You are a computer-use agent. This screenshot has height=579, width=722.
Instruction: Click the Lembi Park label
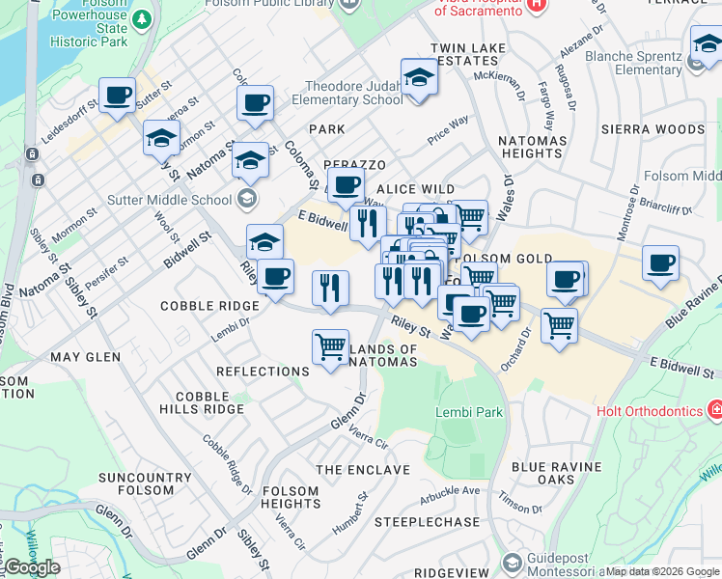pos(469,412)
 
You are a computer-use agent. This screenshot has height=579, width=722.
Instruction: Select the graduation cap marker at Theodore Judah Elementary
pos(419,77)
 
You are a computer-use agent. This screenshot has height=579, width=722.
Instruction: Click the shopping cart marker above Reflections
pos(330,346)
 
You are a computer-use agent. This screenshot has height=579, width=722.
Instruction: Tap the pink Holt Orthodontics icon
pos(714,411)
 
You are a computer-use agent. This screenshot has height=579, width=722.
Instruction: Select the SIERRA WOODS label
pos(639,129)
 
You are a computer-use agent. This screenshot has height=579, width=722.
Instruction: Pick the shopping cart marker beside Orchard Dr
pos(559,326)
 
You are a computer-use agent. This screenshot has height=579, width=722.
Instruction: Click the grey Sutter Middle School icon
pos(247,199)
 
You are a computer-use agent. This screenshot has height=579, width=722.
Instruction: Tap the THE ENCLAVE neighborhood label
pos(363,470)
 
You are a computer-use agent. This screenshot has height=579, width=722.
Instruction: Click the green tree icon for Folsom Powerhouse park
pos(142,18)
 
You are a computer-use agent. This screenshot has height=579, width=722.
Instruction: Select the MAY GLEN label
pos(86,357)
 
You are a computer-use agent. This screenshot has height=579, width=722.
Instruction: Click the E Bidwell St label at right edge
pos(682,372)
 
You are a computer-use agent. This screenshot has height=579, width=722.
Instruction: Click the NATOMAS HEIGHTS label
pos(531,148)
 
